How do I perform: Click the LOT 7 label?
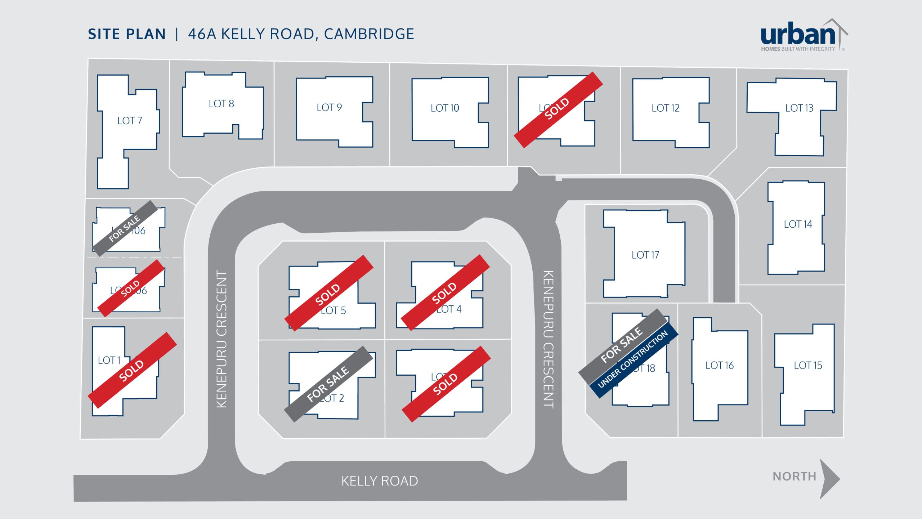click(x=130, y=121)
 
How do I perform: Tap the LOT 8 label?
click(x=221, y=104)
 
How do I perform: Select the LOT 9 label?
click(x=329, y=107)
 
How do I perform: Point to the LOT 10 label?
click(x=445, y=108)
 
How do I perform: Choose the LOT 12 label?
click(x=665, y=108)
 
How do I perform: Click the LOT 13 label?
click(x=799, y=108)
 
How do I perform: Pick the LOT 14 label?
click(x=798, y=224)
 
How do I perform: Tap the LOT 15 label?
click(x=808, y=366)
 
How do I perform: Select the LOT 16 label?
click(x=719, y=366)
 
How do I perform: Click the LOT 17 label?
click(x=645, y=255)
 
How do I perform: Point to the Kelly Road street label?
click(x=380, y=481)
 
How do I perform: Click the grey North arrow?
click(x=829, y=479)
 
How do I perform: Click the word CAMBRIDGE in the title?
click(x=369, y=34)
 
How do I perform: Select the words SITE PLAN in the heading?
click(x=127, y=34)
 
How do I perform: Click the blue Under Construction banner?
click(x=634, y=360)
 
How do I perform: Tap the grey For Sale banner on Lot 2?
click(x=328, y=384)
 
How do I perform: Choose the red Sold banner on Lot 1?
click(x=132, y=370)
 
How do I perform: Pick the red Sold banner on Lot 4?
click(x=445, y=292)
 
